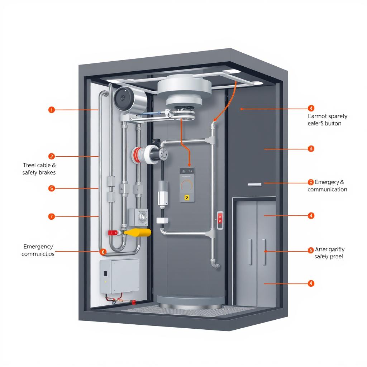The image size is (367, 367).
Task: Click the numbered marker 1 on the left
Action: (x=51, y=110)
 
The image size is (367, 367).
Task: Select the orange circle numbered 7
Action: (x=51, y=216)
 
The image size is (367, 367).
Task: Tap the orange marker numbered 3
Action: (x=311, y=148)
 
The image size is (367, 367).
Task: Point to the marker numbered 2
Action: (x=51, y=156)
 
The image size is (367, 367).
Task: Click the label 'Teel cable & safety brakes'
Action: (x=39, y=169)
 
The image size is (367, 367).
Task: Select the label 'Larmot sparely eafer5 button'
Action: (x=327, y=120)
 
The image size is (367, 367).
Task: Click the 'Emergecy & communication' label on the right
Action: (x=327, y=186)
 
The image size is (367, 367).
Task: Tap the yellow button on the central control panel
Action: (x=186, y=197)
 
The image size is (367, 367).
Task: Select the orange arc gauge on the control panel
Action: (x=187, y=184)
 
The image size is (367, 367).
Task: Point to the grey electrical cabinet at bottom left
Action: (x=119, y=276)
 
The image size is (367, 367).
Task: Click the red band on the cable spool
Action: (x=136, y=154)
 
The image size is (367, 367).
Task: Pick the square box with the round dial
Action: (x=139, y=216)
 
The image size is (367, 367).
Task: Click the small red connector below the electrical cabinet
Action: (x=133, y=302)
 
